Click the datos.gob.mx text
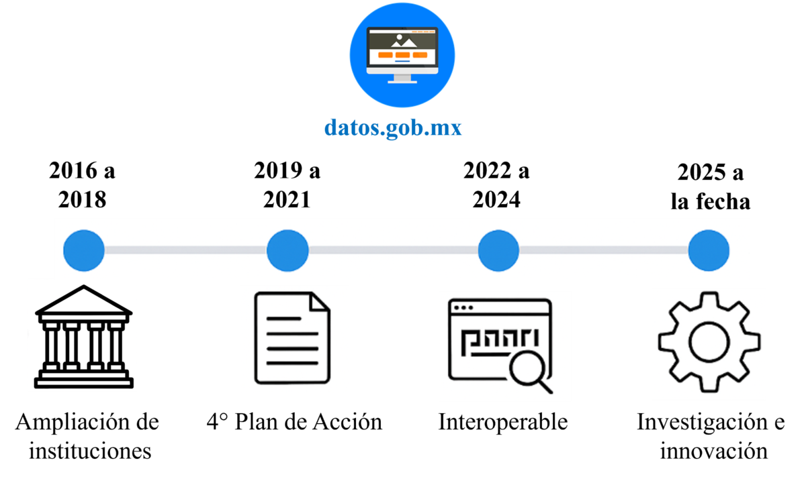393,127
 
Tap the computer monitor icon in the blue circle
402,54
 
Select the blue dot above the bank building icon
84,250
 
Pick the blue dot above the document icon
287,250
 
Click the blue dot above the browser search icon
498,250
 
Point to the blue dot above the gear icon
709,250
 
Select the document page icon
293,339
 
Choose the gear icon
709,342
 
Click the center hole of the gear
709,342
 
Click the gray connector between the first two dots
185,250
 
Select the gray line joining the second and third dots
393,250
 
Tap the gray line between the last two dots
603,250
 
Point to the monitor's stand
402,78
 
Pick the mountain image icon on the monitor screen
402,40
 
